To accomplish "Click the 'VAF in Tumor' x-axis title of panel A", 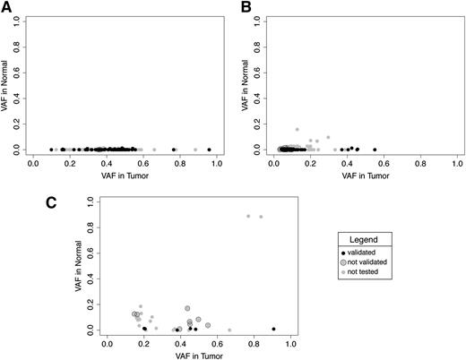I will (x=123, y=176).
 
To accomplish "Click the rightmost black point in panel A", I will (x=209, y=150).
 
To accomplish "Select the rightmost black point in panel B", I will (x=375, y=150).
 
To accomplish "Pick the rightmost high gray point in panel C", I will (x=262, y=217).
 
